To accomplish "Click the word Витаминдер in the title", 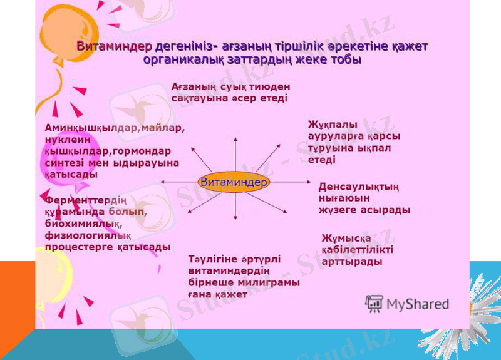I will pos(113,47).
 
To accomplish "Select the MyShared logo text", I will pos(418,304).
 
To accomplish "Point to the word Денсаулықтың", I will pos(359,187).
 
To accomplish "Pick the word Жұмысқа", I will pos(346,239).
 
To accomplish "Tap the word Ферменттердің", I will pos(86,200).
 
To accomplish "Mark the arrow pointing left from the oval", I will pos(178,182).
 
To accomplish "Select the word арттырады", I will pos(351,262).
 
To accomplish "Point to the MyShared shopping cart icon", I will pos(374,304).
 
